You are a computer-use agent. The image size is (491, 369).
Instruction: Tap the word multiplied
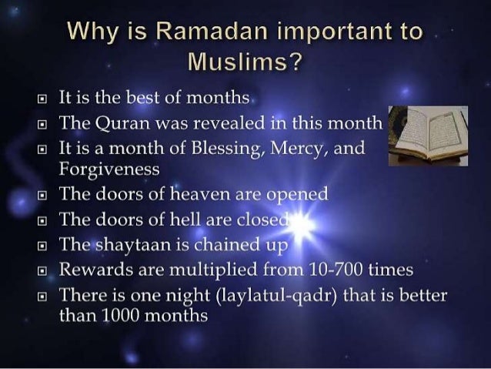[213, 271]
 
